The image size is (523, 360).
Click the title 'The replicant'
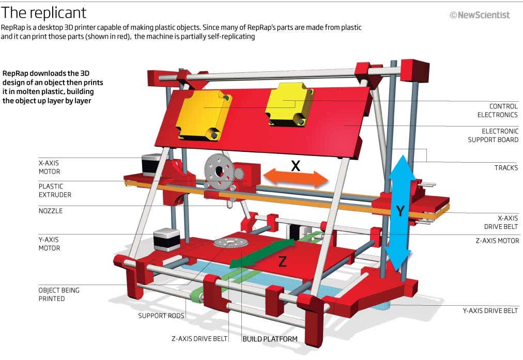[44, 12]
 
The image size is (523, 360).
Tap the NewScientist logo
[480, 15]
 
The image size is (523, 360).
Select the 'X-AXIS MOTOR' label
[50, 167]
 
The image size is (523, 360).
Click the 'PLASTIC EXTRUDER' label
[55, 191]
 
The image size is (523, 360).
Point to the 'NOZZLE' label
[51, 211]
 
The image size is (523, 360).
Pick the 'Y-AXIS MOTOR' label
[50, 244]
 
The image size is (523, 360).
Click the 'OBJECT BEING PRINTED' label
[59, 294]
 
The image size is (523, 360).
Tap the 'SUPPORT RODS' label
[161, 316]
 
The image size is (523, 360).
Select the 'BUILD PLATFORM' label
[270, 339]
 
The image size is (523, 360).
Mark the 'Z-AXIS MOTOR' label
[497, 241]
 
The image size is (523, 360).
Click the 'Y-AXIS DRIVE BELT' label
[489, 310]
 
